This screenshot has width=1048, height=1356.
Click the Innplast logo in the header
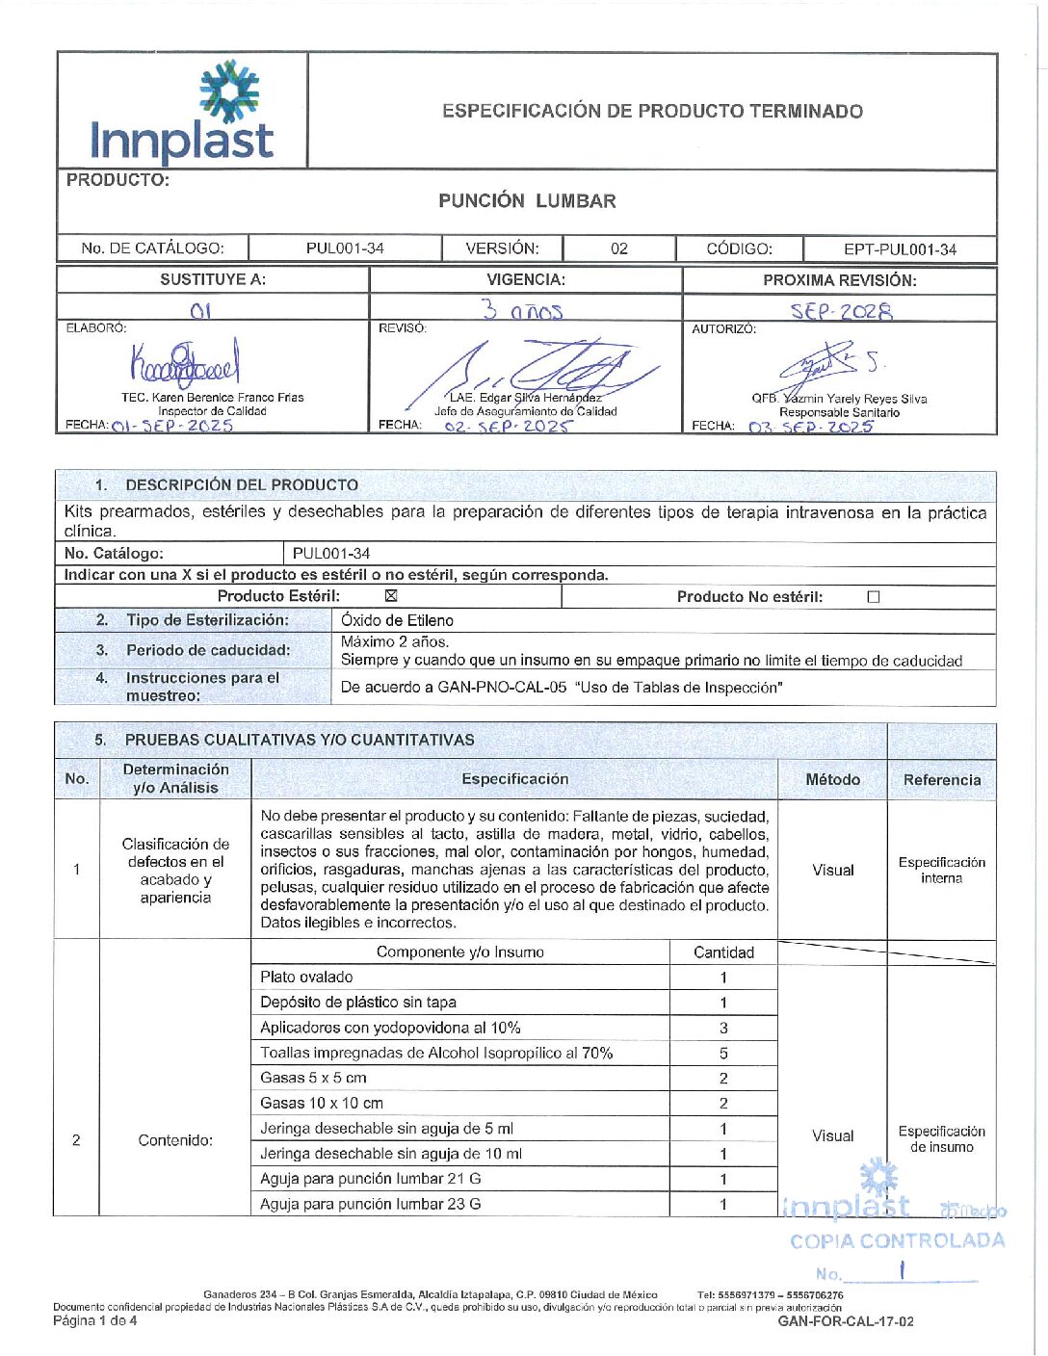coord(182,111)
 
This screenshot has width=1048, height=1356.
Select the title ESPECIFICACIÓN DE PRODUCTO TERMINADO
coord(652,111)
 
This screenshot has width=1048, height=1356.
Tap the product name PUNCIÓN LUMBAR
coord(527,201)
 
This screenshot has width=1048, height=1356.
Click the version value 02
coord(619,248)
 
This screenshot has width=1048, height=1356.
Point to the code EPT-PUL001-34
coord(900,249)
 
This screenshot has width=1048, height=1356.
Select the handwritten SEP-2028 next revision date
coord(841,311)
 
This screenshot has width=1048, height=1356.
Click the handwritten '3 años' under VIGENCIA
coord(522,310)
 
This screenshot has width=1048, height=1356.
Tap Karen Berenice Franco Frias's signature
coord(184,365)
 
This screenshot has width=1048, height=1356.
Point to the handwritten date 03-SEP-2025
coord(810,427)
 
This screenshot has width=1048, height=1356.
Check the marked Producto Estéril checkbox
coord(391,596)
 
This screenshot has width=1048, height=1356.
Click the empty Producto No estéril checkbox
coord(874,597)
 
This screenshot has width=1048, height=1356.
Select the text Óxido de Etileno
coord(397,621)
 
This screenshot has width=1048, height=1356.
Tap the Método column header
coord(832,780)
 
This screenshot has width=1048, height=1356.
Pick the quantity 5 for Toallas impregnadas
coord(723,1054)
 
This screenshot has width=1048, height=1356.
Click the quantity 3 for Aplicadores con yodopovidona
coord(723,1028)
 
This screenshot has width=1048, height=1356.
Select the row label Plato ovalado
coord(306,978)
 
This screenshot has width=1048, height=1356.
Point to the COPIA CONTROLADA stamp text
coord(897,1241)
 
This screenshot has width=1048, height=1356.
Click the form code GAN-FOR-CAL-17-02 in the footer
coord(846,1321)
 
